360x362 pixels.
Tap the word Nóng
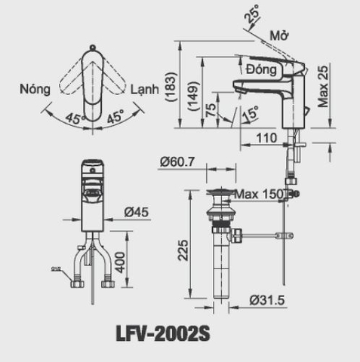tap(35, 88)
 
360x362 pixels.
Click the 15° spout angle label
tap(250, 114)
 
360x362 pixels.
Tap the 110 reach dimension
tap(265, 139)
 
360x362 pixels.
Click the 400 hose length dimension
tap(120, 264)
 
